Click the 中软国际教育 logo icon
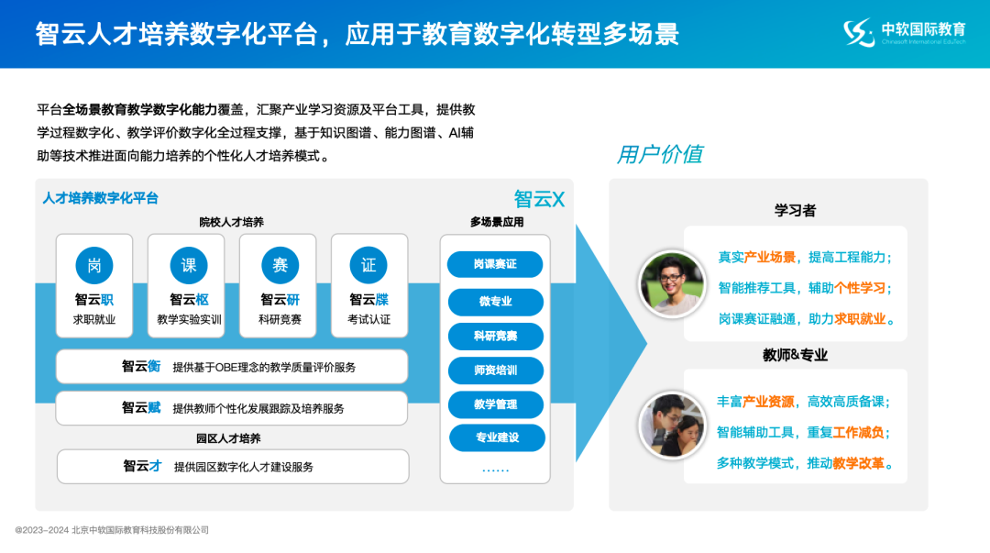859,33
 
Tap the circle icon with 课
189,265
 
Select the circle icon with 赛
280,265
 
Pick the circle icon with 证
368,265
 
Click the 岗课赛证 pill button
495,264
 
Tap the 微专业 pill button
495,301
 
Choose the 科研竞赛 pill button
495,336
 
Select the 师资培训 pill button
495,371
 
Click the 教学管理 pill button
495,404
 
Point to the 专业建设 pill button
495,437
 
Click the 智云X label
539,199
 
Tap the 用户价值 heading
659,154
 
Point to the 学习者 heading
795,210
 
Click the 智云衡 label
141,367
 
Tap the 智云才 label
142,466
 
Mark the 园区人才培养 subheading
228,438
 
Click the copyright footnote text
112,530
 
